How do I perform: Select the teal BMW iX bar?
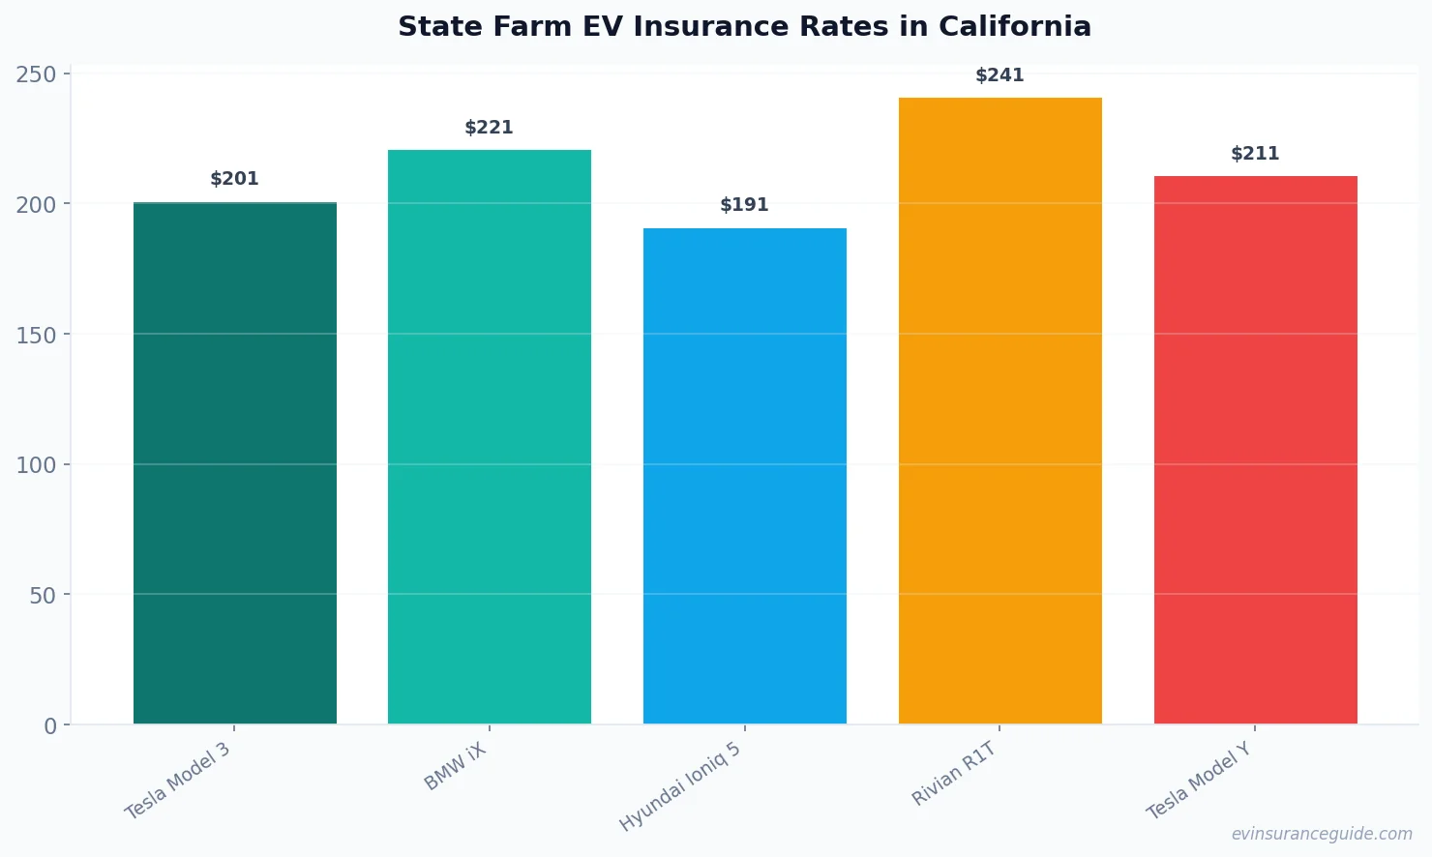pyautogui.click(x=490, y=436)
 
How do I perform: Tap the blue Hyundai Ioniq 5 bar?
pyautogui.click(x=745, y=476)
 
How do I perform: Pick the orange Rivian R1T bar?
pyautogui.click(x=1000, y=410)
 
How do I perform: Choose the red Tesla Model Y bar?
pyautogui.click(x=1256, y=450)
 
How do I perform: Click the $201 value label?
pyautogui.click(x=235, y=179)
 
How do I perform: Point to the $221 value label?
pyautogui.click(x=490, y=128)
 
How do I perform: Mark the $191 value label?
pyautogui.click(x=745, y=205)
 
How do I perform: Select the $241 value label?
pyautogui.click(x=1000, y=75)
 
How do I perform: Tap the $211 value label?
pyautogui.click(x=1256, y=154)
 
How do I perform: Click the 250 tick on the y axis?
pyautogui.click(x=36, y=74)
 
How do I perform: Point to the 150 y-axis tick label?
pyautogui.click(x=36, y=336)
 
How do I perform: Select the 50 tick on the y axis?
pyautogui.click(x=43, y=596)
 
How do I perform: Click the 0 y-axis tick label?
pyautogui.click(x=50, y=726)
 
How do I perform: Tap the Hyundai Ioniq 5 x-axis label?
pyautogui.click(x=680, y=786)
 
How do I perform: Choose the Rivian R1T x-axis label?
pyautogui.click(x=954, y=773)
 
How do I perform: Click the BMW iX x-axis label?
pyautogui.click(x=456, y=767)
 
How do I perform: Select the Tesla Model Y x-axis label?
pyautogui.click(x=1199, y=781)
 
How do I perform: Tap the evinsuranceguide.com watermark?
pyautogui.click(x=1322, y=834)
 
